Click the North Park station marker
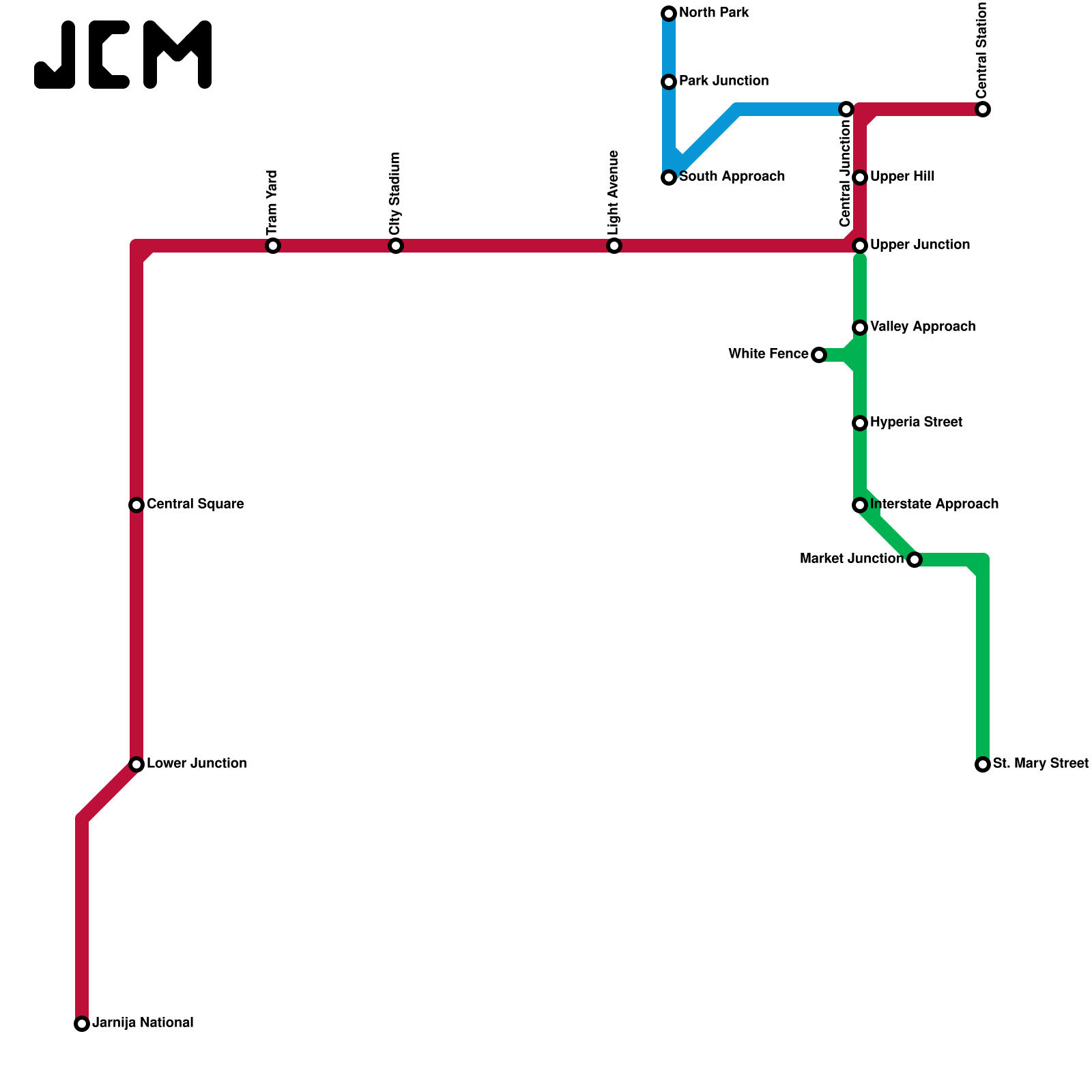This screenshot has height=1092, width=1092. click(x=669, y=14)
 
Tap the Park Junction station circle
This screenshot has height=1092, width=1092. click(x=669, y=82)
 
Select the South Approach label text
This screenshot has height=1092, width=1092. click(x=732, y=177)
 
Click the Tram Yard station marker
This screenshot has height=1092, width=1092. click(x=273, y=246)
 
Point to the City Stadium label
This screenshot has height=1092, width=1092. click(x=395, y=193)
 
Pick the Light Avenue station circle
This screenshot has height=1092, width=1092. click(x=614, y=246)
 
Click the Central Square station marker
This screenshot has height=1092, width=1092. click(x=136, y=505)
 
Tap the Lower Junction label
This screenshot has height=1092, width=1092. click(x=197, y=764)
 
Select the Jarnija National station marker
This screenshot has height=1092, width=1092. click(x=82, y=1024)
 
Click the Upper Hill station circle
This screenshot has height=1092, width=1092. click(x=860, y=177)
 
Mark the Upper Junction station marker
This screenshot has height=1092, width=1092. click(x=860, y=246)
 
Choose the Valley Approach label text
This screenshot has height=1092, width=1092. click(x=923, y=327)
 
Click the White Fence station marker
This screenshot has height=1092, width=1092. click(x=819, y=355)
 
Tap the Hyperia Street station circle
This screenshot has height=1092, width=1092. click(x=860, y=423)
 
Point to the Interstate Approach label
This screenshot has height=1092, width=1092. click(x=934, y=504)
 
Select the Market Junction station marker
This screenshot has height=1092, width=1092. click(x=915, y=560)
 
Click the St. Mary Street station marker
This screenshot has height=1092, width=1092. click(x=983, y=764)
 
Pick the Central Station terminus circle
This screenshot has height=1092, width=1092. click(x=983, y=109)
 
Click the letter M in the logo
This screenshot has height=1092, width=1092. click(x=177, y=55)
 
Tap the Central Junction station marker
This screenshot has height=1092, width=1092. click(x=846, y=109)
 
